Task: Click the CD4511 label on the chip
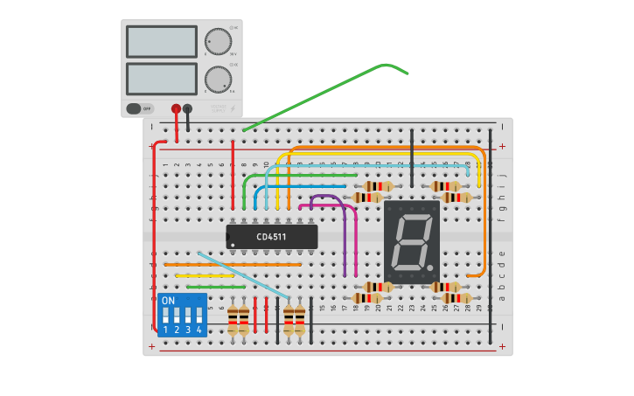pos(271,237)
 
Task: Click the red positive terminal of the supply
pos(176,108)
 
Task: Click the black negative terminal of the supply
pos(187,108)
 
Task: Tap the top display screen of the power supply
pos(161,41)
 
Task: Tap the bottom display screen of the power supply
pos(161,79)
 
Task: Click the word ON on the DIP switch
pos(168,300)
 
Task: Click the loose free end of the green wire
pos(407,73)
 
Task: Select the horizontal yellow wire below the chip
pos(205,275)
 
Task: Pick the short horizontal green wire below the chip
pos(215,287)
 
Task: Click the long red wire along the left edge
pos(155,236)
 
